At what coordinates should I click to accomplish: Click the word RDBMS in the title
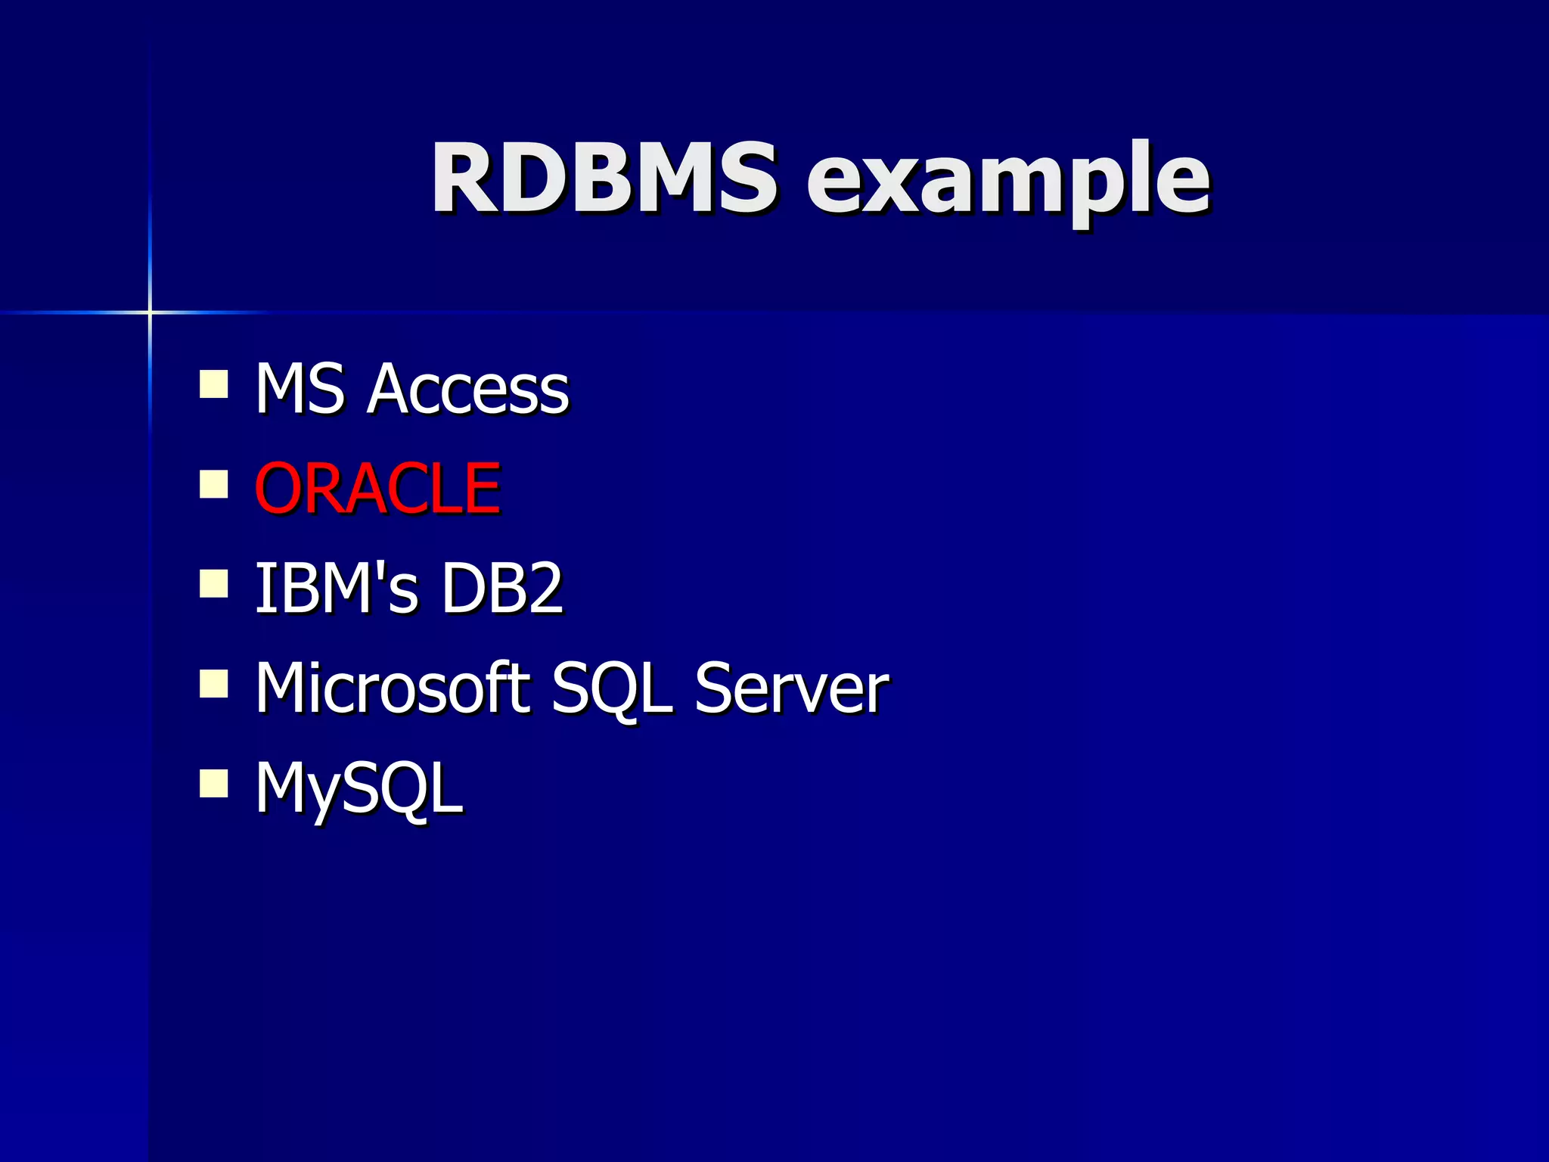coord(603,179)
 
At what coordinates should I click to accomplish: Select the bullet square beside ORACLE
coord(214,484)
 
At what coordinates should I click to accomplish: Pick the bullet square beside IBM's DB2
coord(214,584)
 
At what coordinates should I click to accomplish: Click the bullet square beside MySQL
coord(214,784)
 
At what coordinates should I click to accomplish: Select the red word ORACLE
coord(377,488)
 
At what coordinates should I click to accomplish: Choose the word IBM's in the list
coord(336,588)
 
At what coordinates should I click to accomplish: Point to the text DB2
coord(501,588)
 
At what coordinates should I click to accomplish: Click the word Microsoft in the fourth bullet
coord(393,687)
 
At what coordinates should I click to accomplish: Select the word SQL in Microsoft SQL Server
coord(611,688)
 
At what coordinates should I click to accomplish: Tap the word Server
coord(791,688)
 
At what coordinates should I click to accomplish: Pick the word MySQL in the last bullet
coord(359,788)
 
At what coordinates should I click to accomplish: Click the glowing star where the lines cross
coord(150,312)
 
